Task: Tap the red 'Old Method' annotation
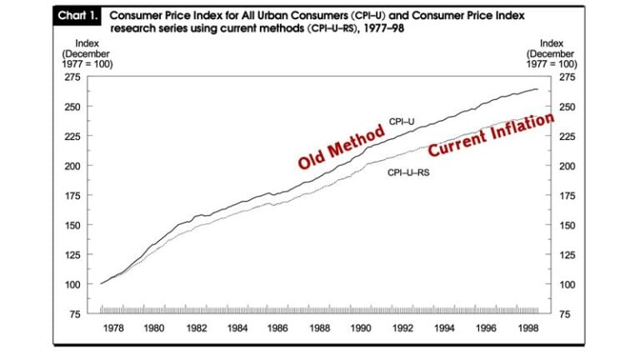click(342, 147)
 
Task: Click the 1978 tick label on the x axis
click(113, 327)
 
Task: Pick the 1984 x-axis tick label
click(237, 327)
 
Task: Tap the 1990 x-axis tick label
click(361, 327)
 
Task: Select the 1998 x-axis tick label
click(526, 327)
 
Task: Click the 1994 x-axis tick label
click(443, 327)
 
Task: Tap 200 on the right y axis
click(567, 166)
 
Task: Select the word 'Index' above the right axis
click(552, 42)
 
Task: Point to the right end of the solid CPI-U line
click(537, 89)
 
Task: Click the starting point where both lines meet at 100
click(101, 283)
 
